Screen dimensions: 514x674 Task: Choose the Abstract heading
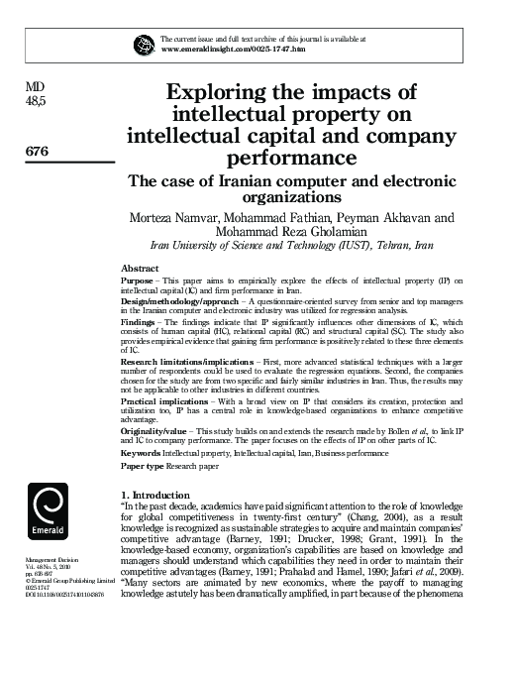(x=140, y=269)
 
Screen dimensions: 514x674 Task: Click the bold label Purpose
(x=137, y=281)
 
